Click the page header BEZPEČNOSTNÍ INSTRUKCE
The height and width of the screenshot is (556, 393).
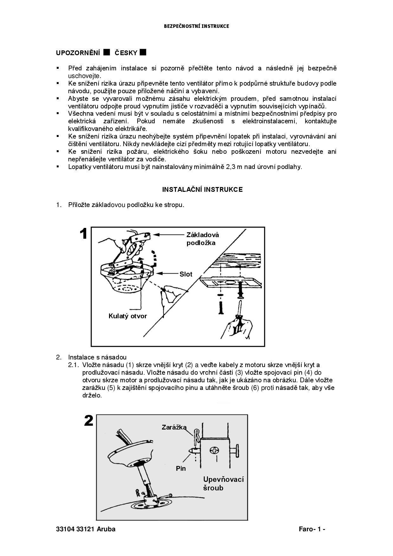[x=196, y=26]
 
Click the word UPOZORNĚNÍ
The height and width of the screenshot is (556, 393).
[x=78, y=53]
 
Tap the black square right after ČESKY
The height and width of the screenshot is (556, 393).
[x=143, y=52]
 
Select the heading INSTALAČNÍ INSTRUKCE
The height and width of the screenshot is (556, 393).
[x=202, y=190]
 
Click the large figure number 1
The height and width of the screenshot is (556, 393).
[x=83, y=234]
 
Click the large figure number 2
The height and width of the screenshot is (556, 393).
[x=89, y=421]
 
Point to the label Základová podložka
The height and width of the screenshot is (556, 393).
[x=203, y=239]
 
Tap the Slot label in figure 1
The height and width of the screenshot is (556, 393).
[x=186, y=274]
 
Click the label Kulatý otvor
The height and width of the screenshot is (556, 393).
[x=128, y=316]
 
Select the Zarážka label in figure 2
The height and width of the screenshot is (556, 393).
[x=174, y=427]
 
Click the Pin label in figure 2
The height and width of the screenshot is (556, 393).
[x=181, y=469]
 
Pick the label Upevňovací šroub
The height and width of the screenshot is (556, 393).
[x=223, y=483]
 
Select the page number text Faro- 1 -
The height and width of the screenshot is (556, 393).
[x=312, y=529]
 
